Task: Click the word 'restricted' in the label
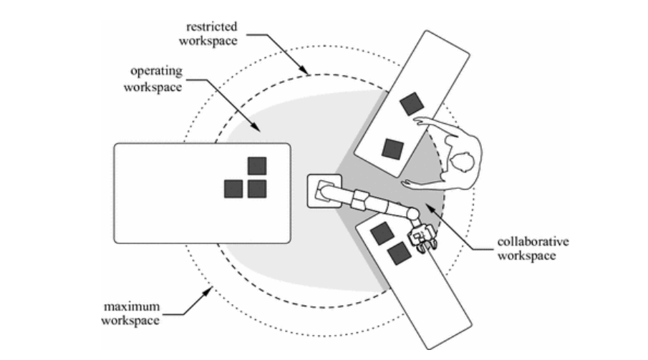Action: coord(212,27)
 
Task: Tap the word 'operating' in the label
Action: coord(156,72)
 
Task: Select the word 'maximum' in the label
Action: coord(132,307)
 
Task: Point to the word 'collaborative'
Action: coord(533,241)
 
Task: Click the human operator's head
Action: coord(462,161)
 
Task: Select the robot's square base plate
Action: coord(324,191)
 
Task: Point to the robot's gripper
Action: coord(422,238)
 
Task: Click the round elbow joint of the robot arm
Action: coord(412,214)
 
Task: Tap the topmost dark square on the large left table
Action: coord(257,166)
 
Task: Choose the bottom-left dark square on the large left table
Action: coord(233,189)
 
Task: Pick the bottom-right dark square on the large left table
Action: coord(257,189)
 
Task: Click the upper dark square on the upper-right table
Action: coord(412,104)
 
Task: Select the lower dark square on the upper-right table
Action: coord(392,149)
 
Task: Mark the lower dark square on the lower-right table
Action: coord(399,253)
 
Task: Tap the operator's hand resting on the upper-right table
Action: coord(422,122)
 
